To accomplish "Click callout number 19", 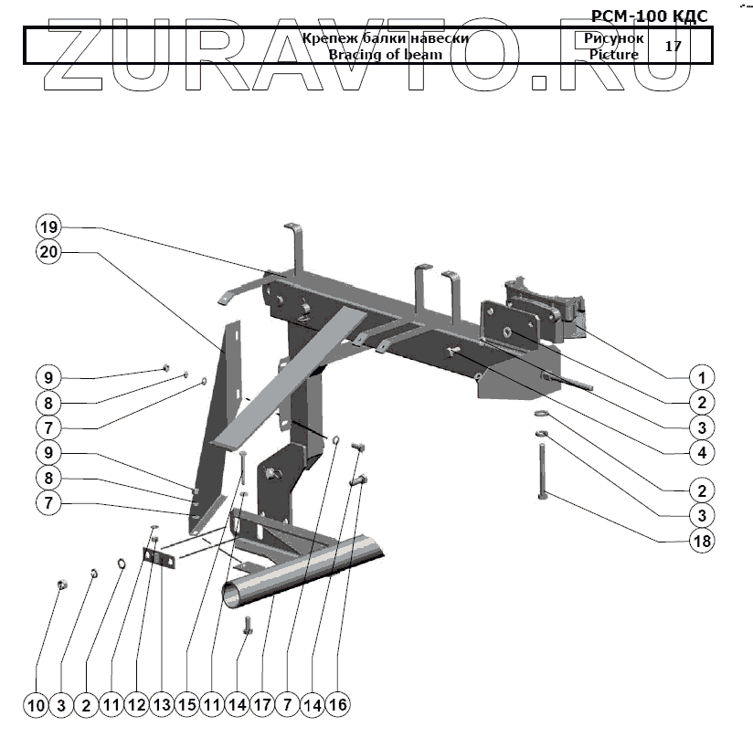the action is click(49, 227).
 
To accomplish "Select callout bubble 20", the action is click(49, 252).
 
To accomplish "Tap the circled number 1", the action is click(702, 376).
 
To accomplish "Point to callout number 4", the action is click(702, 452).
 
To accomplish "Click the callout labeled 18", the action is click(702, 540).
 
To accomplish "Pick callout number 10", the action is click(37, 704).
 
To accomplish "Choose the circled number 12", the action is click(137, 704).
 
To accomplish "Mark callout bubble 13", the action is click(163, 704).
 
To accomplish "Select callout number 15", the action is click(187, 704).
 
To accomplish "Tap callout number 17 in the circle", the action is click(263, 704).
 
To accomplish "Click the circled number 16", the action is click(338, 704).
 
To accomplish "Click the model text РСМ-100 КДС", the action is click(649, 16).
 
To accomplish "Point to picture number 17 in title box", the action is click(673, 46).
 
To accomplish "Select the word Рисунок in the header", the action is click(614, 39).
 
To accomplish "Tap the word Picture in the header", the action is click(614, 55).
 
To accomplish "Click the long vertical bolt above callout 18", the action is click(542, 468).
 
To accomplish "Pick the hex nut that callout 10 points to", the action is click(61, 585).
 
